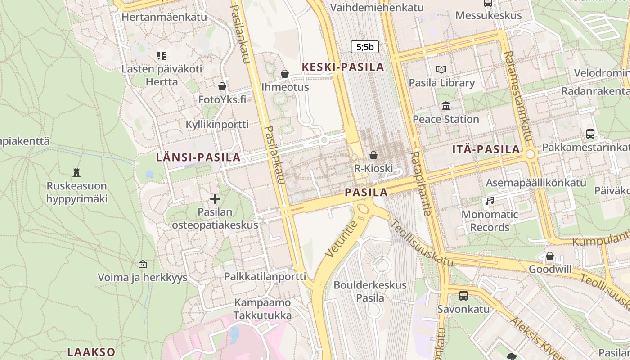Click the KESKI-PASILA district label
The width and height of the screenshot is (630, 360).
pos(343,67)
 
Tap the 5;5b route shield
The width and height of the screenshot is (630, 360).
pos(364,47)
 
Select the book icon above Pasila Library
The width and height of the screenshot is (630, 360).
pos(441,69)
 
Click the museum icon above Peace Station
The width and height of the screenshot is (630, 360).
pos(446,106)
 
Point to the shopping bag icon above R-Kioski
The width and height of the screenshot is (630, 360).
pos(373,155)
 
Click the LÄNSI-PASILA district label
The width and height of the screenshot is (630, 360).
pos(198,157)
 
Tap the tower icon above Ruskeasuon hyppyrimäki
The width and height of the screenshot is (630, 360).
pos(76,172)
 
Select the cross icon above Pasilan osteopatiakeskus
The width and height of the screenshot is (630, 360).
pos(215,198)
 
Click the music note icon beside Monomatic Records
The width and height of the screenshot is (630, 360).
pos(490,201)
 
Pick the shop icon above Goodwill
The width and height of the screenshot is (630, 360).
pos(549,256)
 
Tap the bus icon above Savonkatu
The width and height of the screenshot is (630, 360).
pos(463,296)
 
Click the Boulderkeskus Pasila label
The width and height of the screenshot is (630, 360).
pos(370,291)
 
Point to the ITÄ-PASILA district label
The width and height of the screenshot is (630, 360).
pos(486,149)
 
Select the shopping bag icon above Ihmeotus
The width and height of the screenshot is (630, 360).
pos(284,73)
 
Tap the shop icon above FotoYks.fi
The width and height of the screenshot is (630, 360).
pos(222,86)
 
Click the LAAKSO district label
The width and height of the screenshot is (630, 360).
pos(91,352)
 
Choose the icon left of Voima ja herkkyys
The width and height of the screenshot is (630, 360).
pos(143,264)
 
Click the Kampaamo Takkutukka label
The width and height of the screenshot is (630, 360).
pos(262,309)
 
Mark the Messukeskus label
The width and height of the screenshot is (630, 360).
pos(488,15)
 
